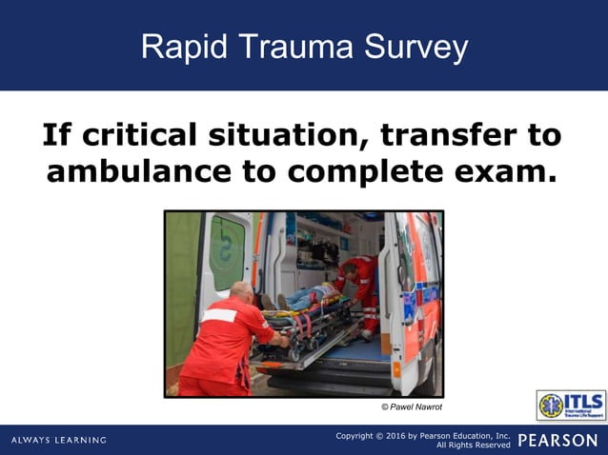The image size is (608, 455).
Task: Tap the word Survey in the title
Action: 414,47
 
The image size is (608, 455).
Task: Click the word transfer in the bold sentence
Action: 444,135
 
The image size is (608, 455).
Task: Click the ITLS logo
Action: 570,406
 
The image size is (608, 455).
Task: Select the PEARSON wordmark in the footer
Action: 557,440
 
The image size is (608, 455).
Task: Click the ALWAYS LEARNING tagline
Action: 59,440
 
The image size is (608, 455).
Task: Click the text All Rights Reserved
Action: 474,445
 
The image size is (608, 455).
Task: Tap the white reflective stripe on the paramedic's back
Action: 220,315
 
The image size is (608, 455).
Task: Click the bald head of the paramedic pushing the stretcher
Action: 243,289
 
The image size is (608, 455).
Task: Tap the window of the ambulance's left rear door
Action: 228,250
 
